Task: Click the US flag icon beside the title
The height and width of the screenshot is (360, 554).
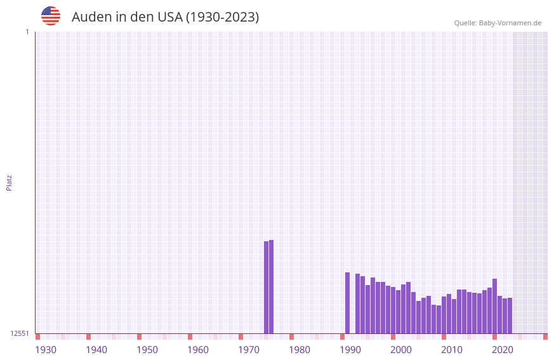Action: (51, 16)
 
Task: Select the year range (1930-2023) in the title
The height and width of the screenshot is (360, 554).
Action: (222, 17)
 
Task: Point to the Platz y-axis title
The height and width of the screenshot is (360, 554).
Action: (9, 182)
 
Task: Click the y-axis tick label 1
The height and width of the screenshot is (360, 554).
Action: (27, 32)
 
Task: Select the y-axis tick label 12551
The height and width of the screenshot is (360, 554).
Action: (20, 333)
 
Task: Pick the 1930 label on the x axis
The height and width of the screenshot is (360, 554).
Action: (46, 350)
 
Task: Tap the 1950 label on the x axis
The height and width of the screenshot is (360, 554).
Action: (147, 350)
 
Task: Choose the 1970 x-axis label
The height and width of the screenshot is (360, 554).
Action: (249, 350)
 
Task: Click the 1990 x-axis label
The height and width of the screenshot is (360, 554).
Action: (350, 350)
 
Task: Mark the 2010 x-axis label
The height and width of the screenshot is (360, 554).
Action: (452, 350)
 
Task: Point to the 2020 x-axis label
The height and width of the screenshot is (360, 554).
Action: (503, 350)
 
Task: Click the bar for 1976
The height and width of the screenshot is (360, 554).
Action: (272, 286)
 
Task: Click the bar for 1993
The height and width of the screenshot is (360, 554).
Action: (358, 303)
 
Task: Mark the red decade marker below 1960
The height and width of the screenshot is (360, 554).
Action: (190, 337)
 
